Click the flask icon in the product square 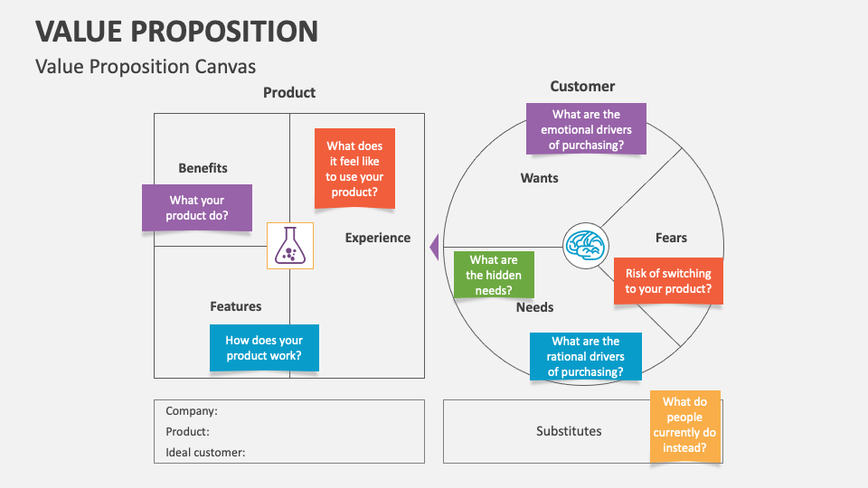point(290,245)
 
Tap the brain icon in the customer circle point(585,245)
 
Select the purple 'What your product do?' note point(196,208)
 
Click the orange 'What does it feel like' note point(354,169)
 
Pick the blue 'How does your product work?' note point(264,348)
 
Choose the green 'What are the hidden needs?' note point(494,275)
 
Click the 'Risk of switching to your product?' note point(668,281)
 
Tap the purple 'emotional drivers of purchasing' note point(586,128)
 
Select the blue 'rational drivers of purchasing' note point(585,355)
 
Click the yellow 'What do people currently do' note point(685,425)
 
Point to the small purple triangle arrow point(434,246)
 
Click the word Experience point(377,238)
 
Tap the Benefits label point(203,168)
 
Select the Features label point(235,306)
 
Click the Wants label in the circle point(539,178)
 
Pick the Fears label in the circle point(671,238)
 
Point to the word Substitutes point(569,431)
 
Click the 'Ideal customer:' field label point(205,452)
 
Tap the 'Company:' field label point(191,410)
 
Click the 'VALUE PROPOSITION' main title point(177,31)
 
